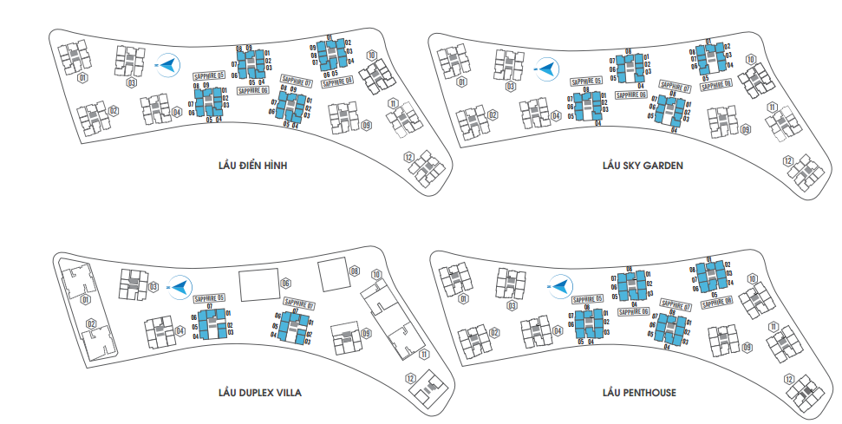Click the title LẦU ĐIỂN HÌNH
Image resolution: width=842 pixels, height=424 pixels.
tap(252, 165)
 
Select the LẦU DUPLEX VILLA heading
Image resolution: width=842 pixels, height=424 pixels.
tap(259, 393)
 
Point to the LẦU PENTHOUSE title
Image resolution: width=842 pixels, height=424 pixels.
tap(639, 393)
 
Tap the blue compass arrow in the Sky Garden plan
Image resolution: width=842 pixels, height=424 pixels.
tap(545, 68)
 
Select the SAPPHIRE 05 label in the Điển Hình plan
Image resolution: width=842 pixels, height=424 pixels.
tap(209, 76)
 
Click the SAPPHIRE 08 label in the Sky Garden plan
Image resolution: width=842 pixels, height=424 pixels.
tap(717, 85)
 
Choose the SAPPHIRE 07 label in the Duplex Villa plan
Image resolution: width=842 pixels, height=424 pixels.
tap(297, 305)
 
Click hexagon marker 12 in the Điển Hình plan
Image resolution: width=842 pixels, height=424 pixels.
tap(408, 157)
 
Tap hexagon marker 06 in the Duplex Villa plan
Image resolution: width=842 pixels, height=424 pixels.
tap(285, 284)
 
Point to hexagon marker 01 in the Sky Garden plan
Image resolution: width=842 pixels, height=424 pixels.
tap(462, 83)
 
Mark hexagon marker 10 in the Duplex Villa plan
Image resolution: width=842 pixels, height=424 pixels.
tap(376, 275)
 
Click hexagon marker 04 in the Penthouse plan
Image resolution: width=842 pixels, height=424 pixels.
tap(558, 331)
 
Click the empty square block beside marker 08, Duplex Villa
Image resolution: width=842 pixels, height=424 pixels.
tap(331, 275)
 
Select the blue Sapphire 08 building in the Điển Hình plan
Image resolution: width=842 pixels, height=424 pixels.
tap(331, 55)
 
